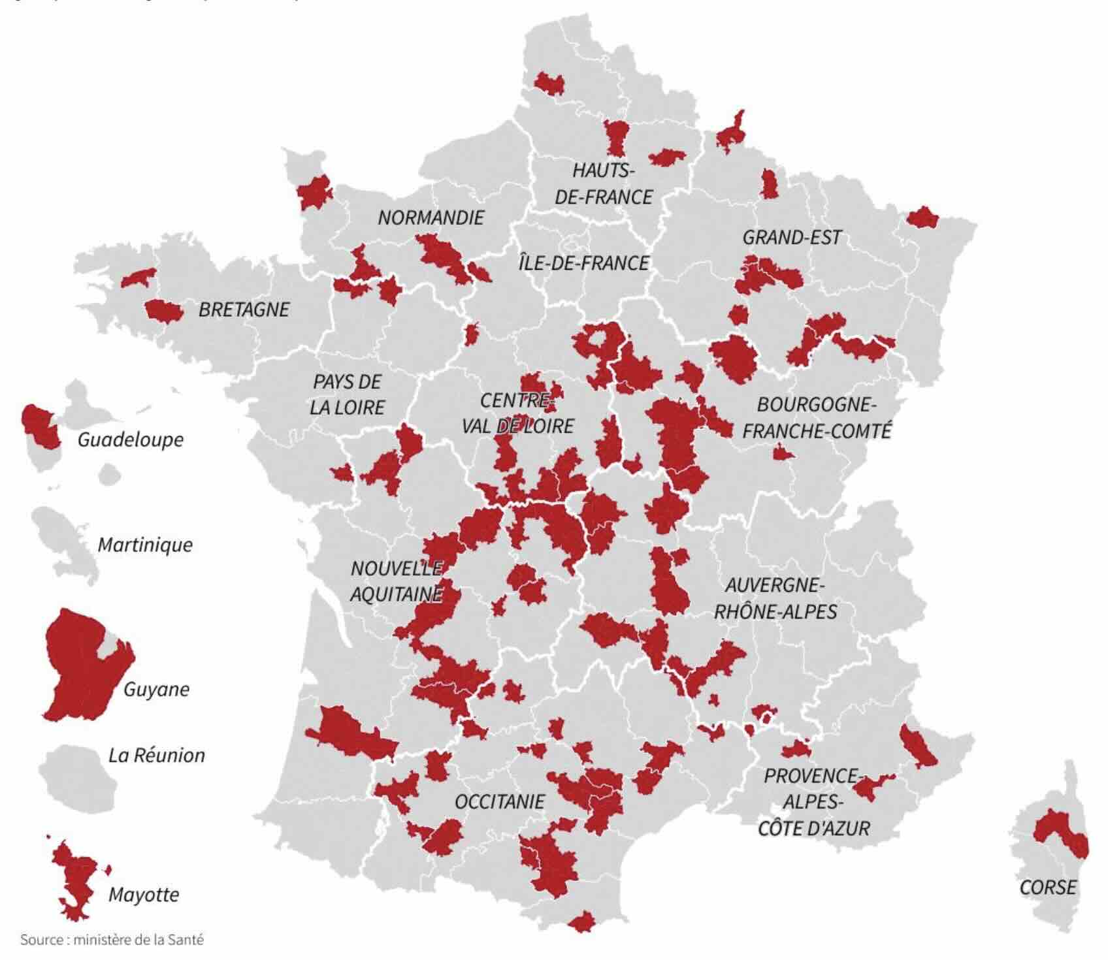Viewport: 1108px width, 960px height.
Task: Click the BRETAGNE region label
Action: coord(244,310)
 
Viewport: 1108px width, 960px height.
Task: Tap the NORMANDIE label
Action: coord(431,217)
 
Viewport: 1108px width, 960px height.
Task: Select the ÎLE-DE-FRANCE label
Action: coord(583,263)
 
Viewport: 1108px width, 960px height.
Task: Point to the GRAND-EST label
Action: coord(792,237)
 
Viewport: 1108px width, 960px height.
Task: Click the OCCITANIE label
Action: coord(500,801)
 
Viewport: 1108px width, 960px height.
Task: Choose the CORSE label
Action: coord(1048,887)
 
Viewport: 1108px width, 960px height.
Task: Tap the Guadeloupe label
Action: coord(131,440)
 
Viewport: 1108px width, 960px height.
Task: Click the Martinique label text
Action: coord(145,545)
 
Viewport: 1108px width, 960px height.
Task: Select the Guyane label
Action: coord(157,689)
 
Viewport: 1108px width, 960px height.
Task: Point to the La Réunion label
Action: coord(157,756)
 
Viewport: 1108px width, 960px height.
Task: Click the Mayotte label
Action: coord(144,894)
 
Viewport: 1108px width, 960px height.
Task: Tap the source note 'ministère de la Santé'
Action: coord(112,940)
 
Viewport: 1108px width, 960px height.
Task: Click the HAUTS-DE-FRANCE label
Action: coord(604,184)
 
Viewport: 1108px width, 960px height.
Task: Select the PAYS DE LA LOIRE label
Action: coord(347,394)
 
